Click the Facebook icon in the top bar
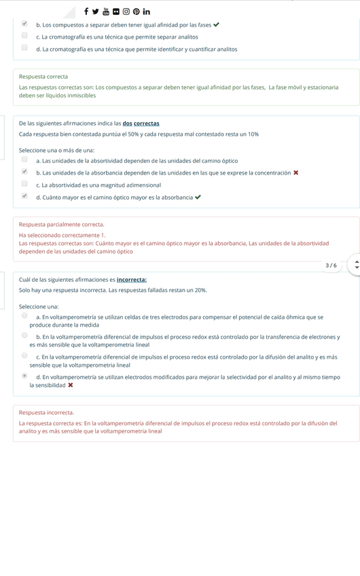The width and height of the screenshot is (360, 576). click(86, 11)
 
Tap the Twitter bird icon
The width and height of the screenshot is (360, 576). click(96, 11)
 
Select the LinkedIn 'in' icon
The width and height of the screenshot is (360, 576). click(147, 12)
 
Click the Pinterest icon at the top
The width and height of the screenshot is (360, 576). click(137, 12)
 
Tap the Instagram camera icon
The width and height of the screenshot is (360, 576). click(126, 12)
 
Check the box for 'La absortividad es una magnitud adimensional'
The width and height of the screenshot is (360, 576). click(24, 184)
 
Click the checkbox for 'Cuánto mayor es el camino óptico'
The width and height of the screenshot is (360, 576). click(24, 196)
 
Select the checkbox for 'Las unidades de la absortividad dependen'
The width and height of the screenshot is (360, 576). click(24, 160)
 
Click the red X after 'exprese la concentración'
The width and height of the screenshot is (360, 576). click(296, 173)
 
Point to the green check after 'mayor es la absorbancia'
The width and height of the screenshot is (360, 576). click(198, 198)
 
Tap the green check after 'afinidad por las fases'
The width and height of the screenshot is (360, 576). click(216, 25)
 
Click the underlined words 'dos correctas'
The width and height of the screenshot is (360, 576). click(141, 124)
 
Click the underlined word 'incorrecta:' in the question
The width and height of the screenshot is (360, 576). click(132, 280)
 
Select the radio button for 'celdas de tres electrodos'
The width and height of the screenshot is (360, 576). click(24, 316)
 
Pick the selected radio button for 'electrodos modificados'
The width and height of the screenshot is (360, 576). click(24, 376)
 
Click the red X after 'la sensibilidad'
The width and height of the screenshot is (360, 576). click(71, 386)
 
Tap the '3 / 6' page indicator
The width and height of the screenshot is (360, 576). click(331, 266)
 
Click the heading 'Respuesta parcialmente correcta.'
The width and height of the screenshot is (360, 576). click(62, 224)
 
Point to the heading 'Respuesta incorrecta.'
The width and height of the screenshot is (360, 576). click(46, 412)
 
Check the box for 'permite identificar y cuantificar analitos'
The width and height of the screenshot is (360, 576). click(24, 48)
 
